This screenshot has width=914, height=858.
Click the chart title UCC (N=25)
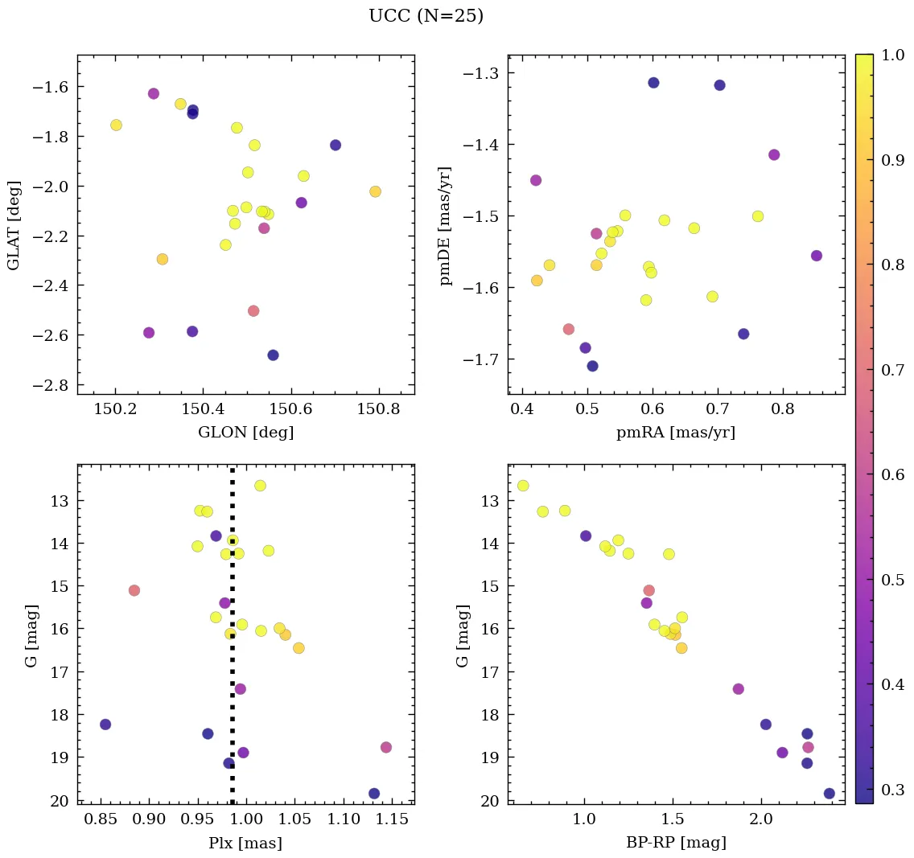426,16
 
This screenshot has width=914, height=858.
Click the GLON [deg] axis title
245,433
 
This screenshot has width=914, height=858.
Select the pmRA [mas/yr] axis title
676,433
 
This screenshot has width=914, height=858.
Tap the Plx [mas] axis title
245,844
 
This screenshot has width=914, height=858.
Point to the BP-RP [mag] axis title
676,843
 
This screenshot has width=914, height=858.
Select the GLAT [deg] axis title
14,225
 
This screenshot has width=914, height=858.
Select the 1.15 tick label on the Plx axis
395,819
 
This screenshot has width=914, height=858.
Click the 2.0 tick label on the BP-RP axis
761,819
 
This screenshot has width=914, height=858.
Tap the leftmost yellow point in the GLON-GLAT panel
116,125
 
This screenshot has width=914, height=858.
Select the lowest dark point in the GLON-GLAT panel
273,355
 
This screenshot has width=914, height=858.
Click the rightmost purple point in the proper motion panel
817,256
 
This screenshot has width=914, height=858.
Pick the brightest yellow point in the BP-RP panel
523,486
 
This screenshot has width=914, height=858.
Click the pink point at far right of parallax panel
386,747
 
